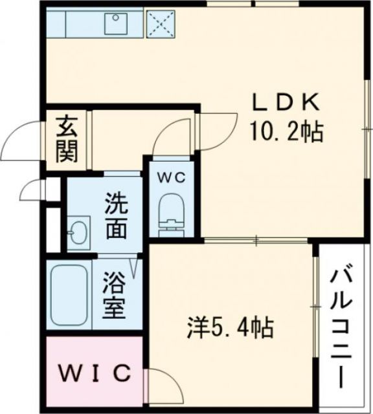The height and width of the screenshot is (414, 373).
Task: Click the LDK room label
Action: click(286, 103)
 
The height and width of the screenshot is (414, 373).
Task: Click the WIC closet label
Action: click(96, 374)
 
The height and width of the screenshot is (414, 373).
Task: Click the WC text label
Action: click(171, 175)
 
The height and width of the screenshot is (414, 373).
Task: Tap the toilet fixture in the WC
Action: click(171, 210)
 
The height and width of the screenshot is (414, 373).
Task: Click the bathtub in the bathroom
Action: click(71, 294)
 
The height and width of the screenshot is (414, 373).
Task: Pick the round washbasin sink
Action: click(77, 231)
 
